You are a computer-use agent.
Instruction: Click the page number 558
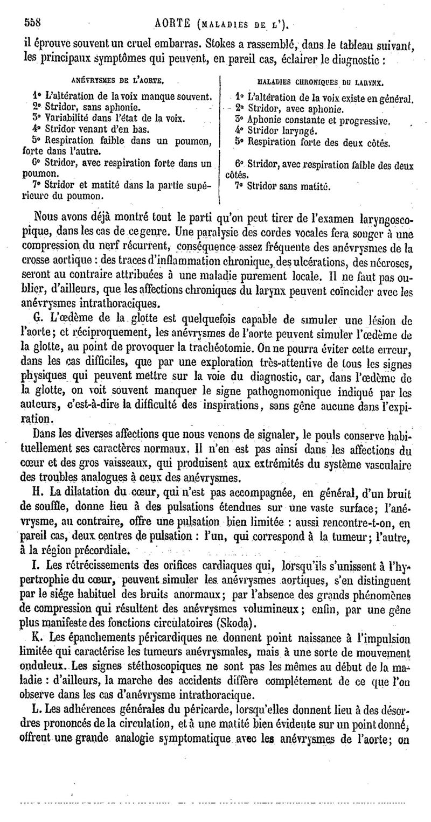tap(33, 23)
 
